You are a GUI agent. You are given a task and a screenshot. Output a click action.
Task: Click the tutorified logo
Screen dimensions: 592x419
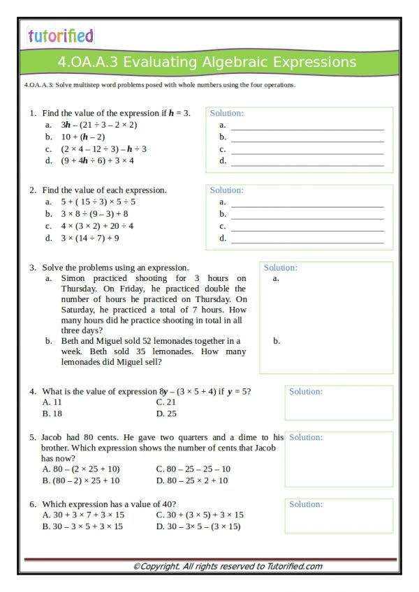(60, 36)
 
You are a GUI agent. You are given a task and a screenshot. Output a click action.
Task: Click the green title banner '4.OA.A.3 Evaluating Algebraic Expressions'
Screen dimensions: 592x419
(207, 63)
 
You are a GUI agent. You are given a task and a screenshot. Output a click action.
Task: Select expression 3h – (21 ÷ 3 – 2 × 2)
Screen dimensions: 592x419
(98, 125)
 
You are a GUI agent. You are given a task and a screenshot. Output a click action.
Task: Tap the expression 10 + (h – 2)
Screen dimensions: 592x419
(83, 137)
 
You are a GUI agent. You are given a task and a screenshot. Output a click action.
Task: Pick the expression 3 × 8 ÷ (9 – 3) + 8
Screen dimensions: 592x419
(94, 214)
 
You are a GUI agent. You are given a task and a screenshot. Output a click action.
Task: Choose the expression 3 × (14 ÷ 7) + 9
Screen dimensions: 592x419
(90, 238)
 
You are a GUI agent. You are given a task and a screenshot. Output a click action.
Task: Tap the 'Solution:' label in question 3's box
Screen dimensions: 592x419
(280, 268)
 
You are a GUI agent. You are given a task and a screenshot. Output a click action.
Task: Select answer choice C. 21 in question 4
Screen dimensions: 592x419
(166, 402)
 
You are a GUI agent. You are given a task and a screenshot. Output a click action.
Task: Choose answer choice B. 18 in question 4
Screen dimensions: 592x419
(52, 413)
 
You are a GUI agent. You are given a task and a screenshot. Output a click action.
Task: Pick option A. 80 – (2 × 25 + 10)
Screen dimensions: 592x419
(81, 469)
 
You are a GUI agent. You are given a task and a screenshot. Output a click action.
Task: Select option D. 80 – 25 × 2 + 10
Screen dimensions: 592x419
(191, 480)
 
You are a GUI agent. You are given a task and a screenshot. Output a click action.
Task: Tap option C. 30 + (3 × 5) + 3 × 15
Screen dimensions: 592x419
(200, 515)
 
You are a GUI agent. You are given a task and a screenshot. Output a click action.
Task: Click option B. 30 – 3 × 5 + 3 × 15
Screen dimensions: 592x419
(82, 526)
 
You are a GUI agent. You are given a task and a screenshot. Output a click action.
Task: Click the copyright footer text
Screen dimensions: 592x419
(227, 566)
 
